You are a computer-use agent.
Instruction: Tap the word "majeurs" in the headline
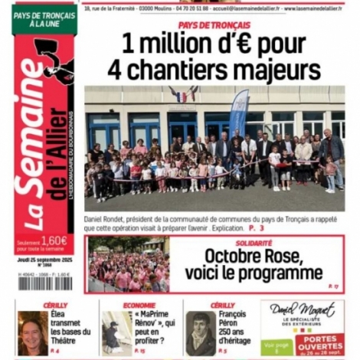277,70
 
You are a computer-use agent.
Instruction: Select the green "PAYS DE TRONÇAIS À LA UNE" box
44,19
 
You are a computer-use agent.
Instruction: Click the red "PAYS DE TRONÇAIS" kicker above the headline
214,25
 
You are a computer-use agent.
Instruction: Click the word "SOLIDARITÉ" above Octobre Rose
254,242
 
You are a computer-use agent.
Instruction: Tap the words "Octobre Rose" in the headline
253,256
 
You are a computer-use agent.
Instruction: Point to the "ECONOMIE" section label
139,305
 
